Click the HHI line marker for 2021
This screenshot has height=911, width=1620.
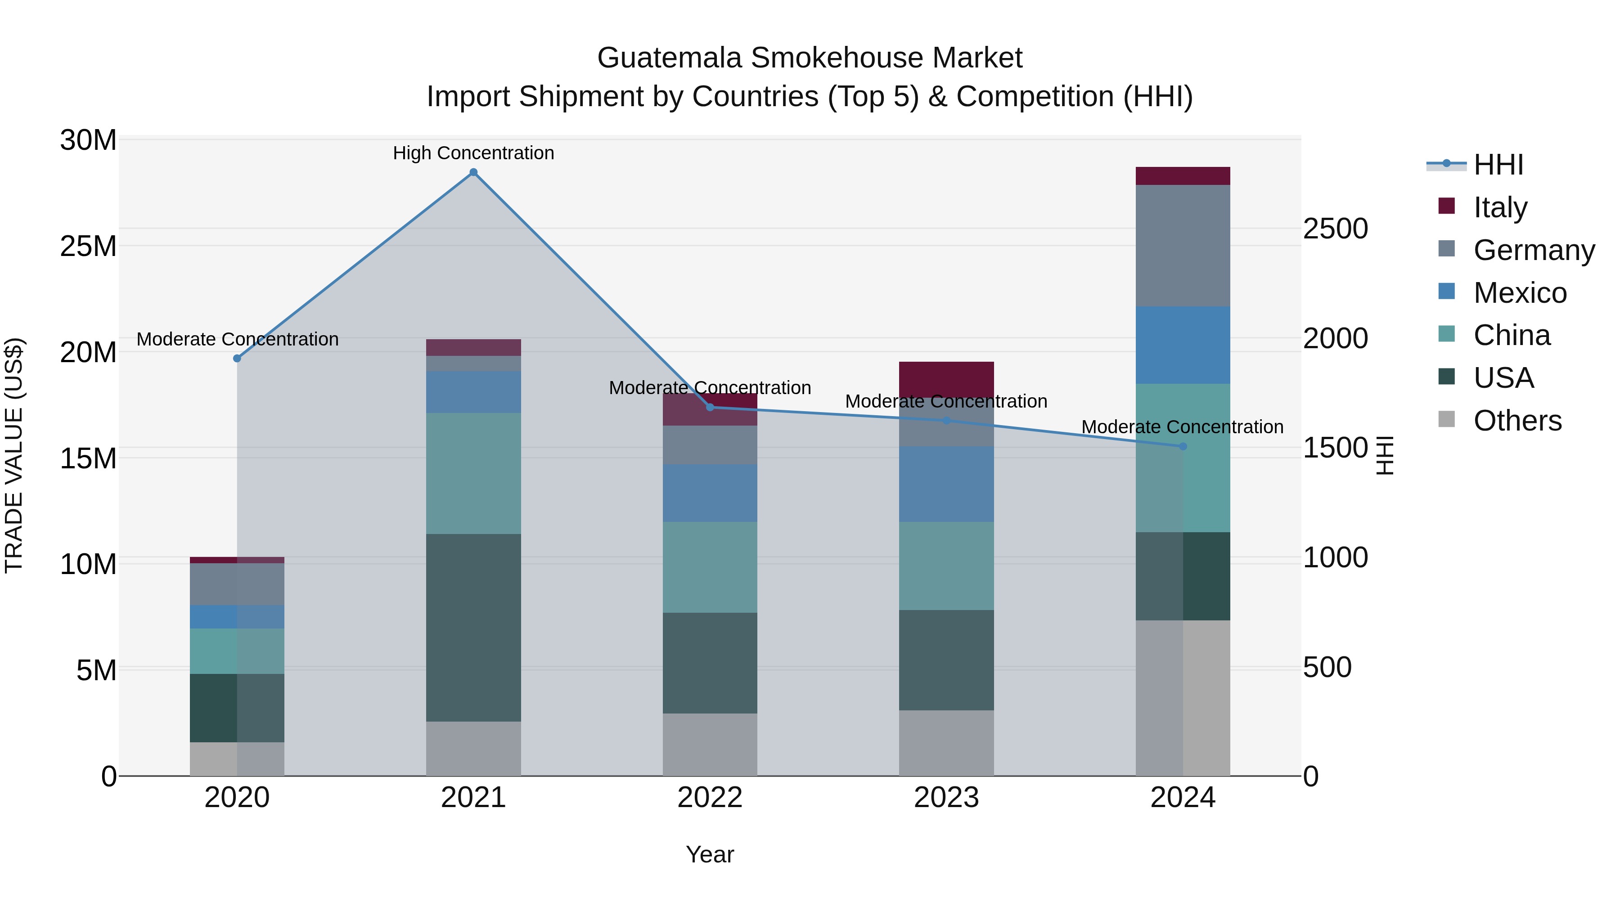(473, 172)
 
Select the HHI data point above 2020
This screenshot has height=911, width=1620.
(237, 359)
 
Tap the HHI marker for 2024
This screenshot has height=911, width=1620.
(1183, 446)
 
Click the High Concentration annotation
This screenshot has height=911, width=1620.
(473, 153)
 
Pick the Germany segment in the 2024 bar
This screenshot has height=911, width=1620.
(1183, 245)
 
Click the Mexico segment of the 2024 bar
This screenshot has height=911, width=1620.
(1183, 345)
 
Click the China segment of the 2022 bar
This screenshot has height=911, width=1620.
(710, 566)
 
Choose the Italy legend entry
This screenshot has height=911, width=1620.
(1500, 207)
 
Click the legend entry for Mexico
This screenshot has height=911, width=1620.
(1519, 293)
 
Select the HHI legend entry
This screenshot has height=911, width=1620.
(1498, 165)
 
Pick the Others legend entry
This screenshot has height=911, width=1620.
(1517, 421)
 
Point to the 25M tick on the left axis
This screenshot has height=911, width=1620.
(89, 246)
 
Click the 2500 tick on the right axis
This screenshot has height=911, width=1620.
(1335, 229)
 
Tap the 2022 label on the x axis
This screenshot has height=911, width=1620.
(710, 798)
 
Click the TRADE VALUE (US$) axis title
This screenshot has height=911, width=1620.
(14, 455)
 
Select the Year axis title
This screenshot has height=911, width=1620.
(710, 854)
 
